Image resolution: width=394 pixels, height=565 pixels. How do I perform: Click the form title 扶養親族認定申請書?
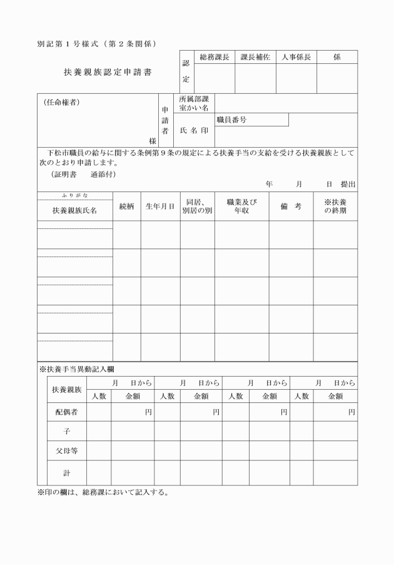(x=108, y=72)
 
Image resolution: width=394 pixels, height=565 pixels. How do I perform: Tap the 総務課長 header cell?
(x=215, y=57)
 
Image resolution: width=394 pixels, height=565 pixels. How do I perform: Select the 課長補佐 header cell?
(x=255, y=57)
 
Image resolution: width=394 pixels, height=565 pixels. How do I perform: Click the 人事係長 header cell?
(x=296, y=57)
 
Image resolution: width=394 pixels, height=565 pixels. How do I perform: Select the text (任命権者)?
(x=62, y=102)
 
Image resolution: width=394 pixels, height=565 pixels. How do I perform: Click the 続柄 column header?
(x=126, y=206)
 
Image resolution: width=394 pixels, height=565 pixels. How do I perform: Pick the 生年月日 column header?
(x=160, y=206)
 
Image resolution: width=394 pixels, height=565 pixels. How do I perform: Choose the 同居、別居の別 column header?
(x=197, y=206)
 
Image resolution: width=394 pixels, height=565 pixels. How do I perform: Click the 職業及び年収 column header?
(x=241, y=206)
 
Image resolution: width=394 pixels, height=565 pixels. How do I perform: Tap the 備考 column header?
(x=291, y=206)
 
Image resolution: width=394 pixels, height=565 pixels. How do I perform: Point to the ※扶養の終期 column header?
(x=335, y=206)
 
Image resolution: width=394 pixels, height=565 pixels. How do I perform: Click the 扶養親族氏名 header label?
(x=74, y=211)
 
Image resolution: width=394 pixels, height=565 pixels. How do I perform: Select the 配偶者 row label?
(x=66, y=412)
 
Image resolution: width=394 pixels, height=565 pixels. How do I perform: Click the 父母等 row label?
(x=66, y=450)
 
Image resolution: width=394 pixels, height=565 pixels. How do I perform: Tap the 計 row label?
(x=66, y=473)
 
